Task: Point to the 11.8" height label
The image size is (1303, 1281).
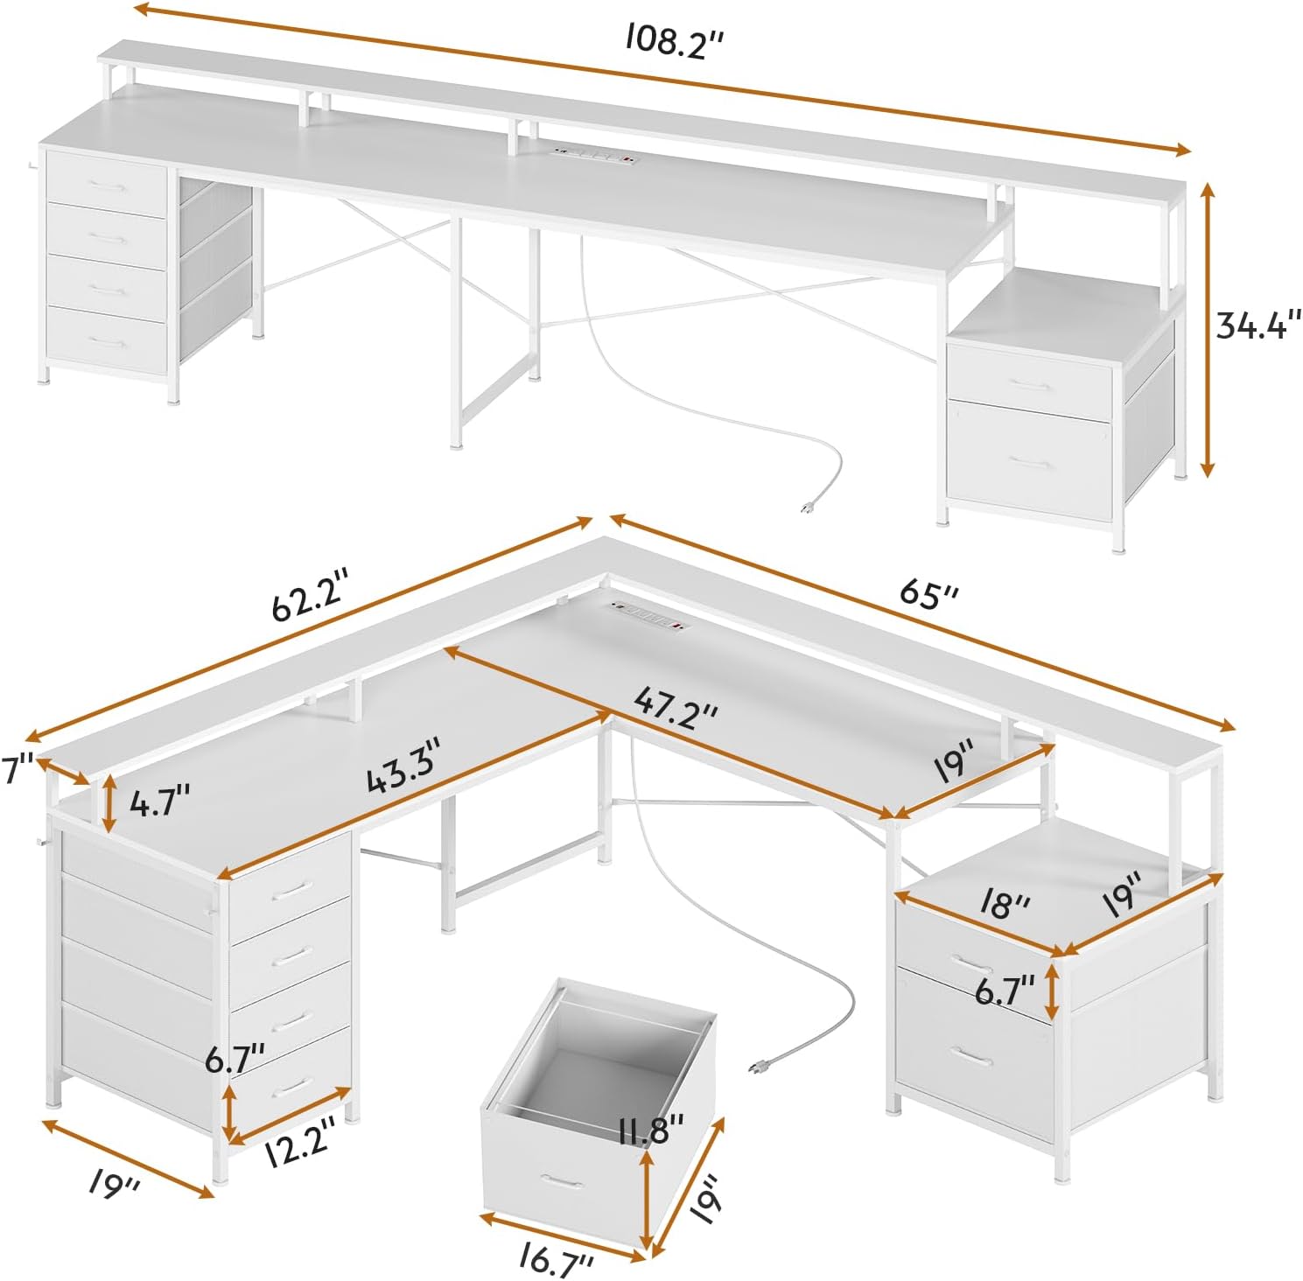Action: tap(651, 1129)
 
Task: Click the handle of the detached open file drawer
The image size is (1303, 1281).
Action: tap(562, 1183)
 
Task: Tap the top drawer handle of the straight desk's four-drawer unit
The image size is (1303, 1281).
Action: tap(106, 186)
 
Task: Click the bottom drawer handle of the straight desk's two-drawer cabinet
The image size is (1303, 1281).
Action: tap(1031, 465)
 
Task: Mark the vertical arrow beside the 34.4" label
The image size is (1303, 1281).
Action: tap(1207, 330)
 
